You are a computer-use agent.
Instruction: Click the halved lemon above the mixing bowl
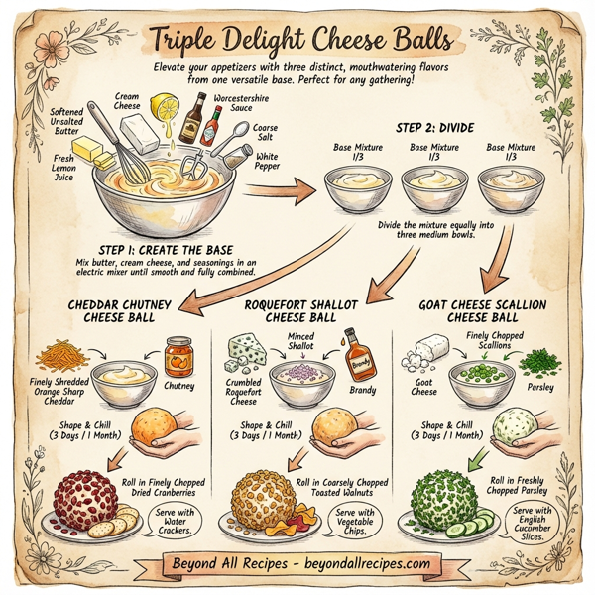pyautogui.click(x=165, y=106)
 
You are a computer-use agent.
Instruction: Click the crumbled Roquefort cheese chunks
pyautogui.click(x=246, y=350)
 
